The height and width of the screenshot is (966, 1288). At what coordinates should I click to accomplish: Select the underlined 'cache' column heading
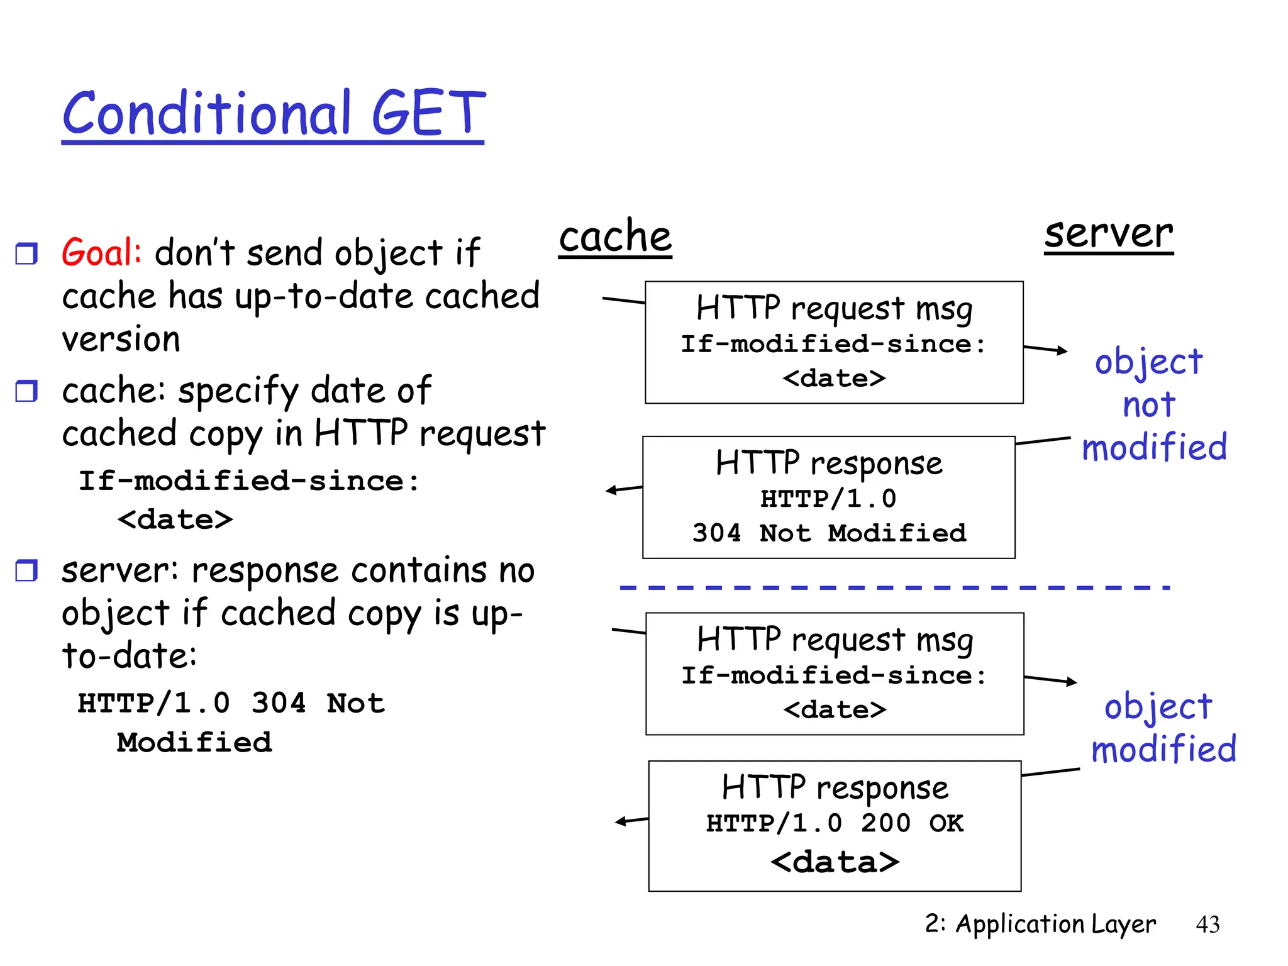click(615, 237)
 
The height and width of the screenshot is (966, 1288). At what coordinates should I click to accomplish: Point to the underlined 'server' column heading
click(1108, 233)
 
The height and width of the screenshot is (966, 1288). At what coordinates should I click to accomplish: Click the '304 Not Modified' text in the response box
click(829, 533)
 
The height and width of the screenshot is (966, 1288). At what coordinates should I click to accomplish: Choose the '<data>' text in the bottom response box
click(835, 862)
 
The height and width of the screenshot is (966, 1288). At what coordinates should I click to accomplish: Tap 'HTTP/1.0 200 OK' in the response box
click(835, 823)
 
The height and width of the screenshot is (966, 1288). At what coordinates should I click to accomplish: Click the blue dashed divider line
click(894, 588)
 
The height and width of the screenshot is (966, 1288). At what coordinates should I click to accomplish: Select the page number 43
click(1207, 924)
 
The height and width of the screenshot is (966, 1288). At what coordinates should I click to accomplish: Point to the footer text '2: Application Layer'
click(1040, 924)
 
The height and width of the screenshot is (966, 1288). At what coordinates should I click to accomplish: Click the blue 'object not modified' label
click(1152, 404)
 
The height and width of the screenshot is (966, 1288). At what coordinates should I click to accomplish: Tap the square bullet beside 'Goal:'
click(26, 253)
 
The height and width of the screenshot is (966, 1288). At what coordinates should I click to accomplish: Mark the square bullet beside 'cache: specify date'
click(26, 391)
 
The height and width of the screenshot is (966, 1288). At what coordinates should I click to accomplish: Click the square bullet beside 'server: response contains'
click(26, 570)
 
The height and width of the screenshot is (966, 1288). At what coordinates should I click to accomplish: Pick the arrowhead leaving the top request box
click(1063, 350)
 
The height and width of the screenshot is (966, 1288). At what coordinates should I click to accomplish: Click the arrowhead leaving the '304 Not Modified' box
click(611, 491)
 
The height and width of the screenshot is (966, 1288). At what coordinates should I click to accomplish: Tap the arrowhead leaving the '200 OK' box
click(621, 821)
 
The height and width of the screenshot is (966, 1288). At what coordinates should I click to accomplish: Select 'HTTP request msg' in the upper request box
click(834, 309)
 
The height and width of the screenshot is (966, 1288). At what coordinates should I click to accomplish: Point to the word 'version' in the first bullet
click(121, 340)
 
